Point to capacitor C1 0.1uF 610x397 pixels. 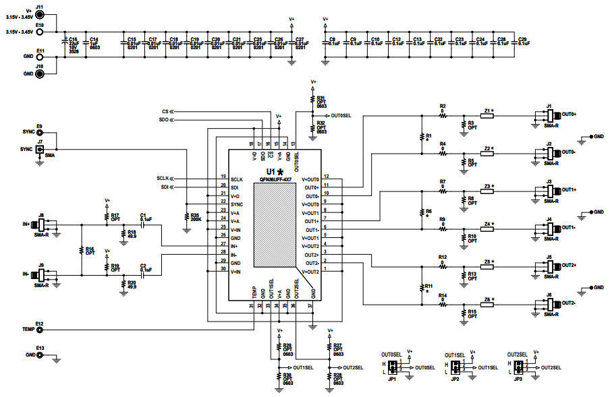click(x=143, y=224)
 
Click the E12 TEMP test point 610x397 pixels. click(x=40, y=330)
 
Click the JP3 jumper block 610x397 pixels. click(x=518, y=367)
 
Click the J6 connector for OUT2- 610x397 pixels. click(x=549, y=304)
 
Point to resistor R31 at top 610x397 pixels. click(x=312, y=101)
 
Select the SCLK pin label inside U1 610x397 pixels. click(x=235, y=179)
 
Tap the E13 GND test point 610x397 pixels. click(x=40, y=355)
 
